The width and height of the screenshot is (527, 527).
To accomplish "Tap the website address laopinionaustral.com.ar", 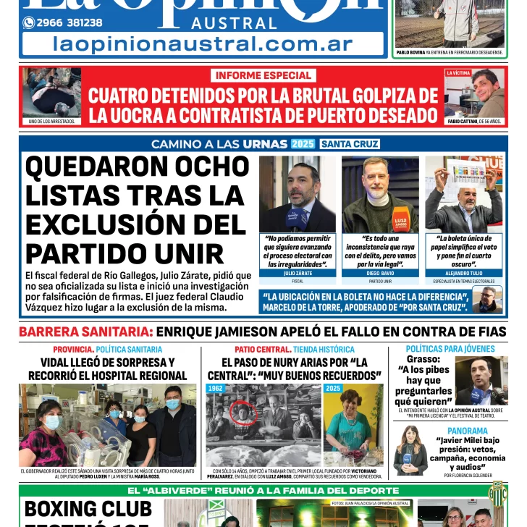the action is [203, 43].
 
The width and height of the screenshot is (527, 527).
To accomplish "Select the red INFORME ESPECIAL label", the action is [263, 75].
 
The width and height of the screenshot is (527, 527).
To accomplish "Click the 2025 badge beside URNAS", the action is [303, 143].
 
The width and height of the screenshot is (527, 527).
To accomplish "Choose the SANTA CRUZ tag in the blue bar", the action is [350, 143].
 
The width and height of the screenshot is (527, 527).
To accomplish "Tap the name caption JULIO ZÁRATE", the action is [298, 274].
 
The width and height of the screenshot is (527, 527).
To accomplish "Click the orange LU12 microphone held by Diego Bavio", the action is [400, 221].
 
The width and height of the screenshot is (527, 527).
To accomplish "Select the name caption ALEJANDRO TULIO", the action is [463, 274].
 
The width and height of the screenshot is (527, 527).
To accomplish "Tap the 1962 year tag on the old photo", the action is [216, 389].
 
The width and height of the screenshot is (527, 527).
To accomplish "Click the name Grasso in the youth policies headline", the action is [423, 359].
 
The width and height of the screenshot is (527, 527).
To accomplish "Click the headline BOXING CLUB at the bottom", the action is [88, 509].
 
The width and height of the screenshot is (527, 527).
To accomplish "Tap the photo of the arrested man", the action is [51, 93].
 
